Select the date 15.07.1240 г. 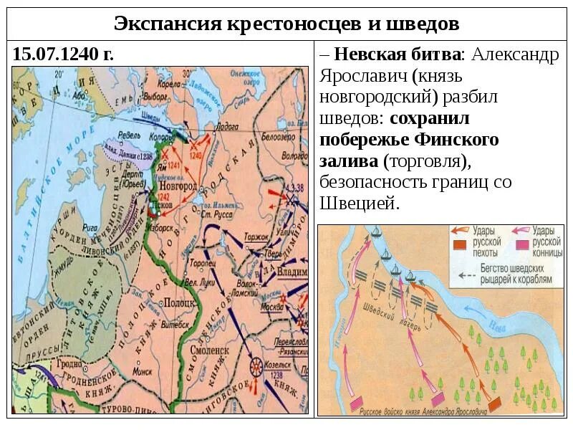click(x=63, y=54)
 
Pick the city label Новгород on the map click(x=183, y=186)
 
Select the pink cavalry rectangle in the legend click(x=524, y=246)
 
